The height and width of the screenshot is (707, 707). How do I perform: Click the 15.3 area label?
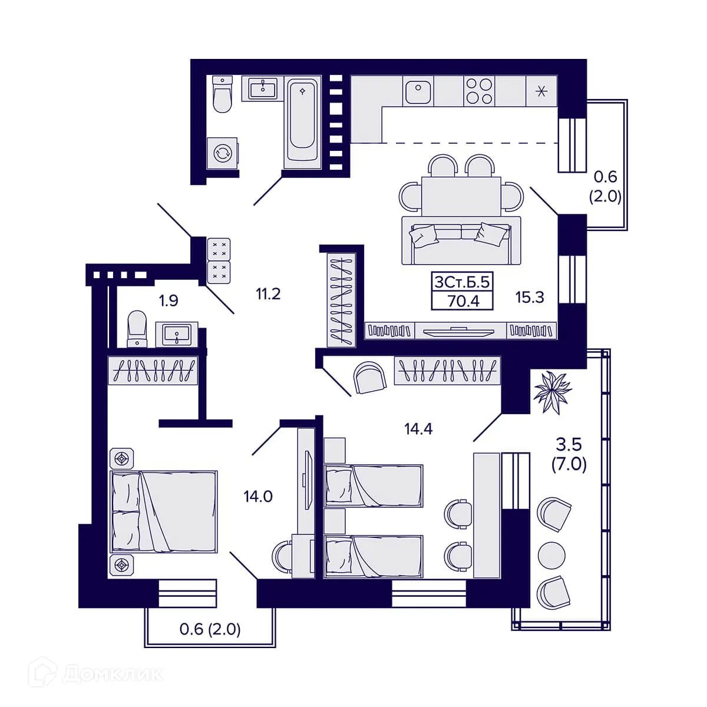click(529, 297)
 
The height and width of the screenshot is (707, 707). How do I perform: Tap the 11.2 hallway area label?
click(268, 294)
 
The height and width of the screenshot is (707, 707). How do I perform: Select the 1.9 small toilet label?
click(169, 300)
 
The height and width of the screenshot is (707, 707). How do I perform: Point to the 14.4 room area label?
click(418, 428)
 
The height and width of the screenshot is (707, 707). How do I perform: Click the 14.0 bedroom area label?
click(258, 497)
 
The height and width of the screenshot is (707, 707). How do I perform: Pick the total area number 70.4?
click(463, 301)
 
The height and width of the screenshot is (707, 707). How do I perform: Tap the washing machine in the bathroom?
click(222, 153)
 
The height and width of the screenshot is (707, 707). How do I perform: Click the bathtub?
click(302, 122)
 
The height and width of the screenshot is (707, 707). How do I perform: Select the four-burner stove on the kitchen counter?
click(479, 91)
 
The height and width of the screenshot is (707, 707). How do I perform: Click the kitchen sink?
click(418, 91)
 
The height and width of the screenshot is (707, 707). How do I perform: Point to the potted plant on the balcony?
click(553, 392)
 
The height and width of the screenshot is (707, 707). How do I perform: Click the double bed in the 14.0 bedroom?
click(164, 511)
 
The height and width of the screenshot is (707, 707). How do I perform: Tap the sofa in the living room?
click(461, 240)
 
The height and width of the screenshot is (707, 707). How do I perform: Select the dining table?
click(461, 196)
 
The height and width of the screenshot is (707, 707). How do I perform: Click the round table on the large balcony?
click(551, 556)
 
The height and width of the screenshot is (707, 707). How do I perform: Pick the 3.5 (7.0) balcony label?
click(569, 455)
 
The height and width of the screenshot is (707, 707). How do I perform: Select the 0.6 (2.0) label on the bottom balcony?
click(210, 629)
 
